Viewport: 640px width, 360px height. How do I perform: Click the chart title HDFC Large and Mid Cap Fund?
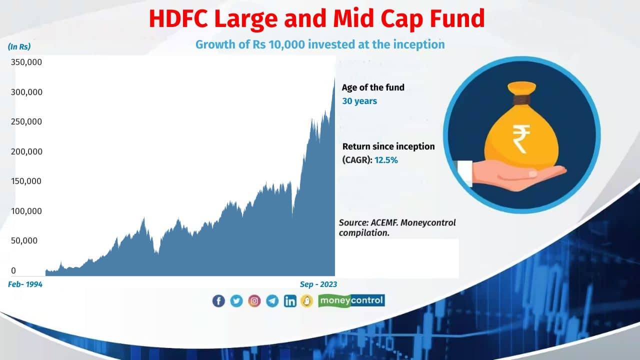pyautogui.click(x=317, y=18)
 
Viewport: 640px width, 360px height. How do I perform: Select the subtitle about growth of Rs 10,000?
pyautogui.click(x=320, y=44)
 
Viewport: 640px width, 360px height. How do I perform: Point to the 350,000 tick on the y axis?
pyautogui.click(x=26, y=62)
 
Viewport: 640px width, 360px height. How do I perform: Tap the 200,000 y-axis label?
pyautogui.click(x=26, y=151)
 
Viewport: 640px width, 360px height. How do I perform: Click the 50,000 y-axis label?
pyautogui.click(x=24, y=240)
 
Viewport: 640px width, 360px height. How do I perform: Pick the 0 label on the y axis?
pyautogui.click(x=13, y=270)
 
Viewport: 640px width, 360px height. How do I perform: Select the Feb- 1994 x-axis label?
pyautogui.click(x=25, y=284)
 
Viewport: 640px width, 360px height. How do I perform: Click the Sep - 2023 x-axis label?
pyautogui.click(x=318, y=284)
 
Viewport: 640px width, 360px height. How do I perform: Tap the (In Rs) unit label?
pyautogui.click(x=19, y=47)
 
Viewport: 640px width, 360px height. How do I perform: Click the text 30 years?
pyautogui.click(x=359, y=101)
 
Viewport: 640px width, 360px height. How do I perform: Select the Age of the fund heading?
pyautogui.click(x=373, y=87)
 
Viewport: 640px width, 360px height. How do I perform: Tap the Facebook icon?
pyautogui.click(x=218, y=300)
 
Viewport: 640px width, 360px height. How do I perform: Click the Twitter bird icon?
pyautogui.click(x=236, y=300)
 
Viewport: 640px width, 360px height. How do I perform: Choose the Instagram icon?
pyautogui.click(x=254, y=300)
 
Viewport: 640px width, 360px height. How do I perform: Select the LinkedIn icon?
pyautogui.click(x=290, y=300)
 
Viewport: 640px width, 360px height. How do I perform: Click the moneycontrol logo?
pyautogui.click(x=351, y=300)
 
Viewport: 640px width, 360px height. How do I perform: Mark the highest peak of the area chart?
pyautogui.click(x=334, y=78)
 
